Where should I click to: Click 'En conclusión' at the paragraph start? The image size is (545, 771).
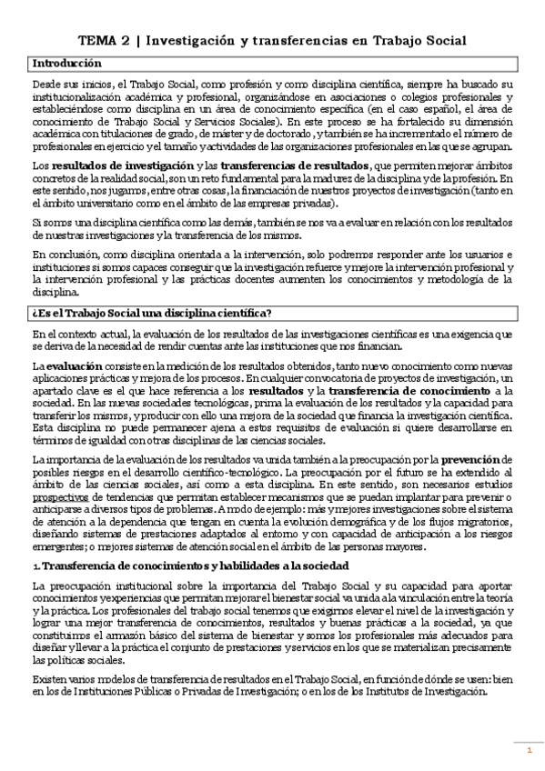click(x=65, y=259)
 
